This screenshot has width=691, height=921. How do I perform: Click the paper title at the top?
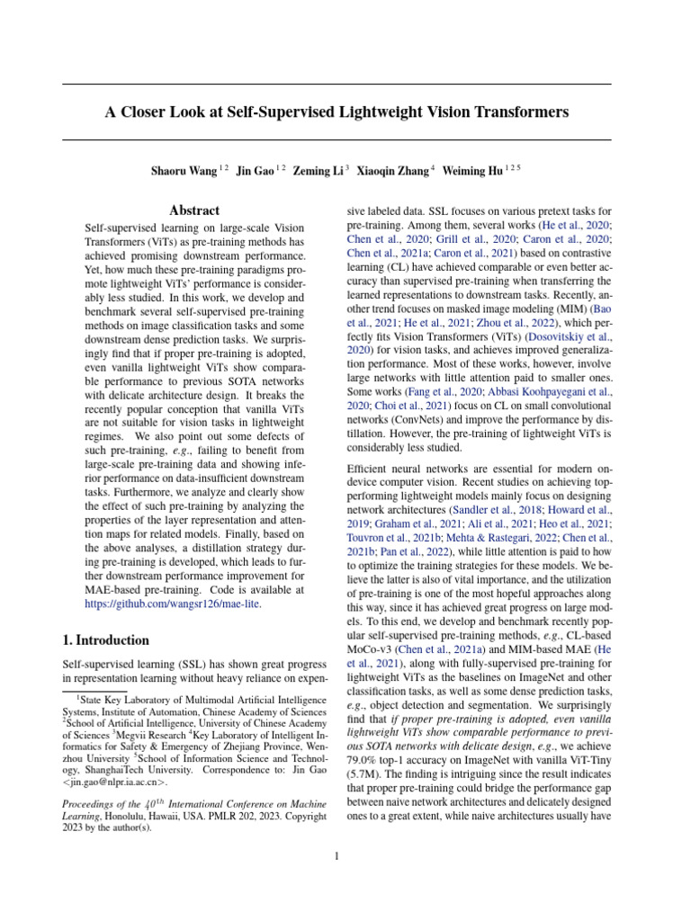(337, 112)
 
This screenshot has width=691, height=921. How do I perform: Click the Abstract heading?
(194, 210)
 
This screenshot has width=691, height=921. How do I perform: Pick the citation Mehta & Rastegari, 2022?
(492, 536)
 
